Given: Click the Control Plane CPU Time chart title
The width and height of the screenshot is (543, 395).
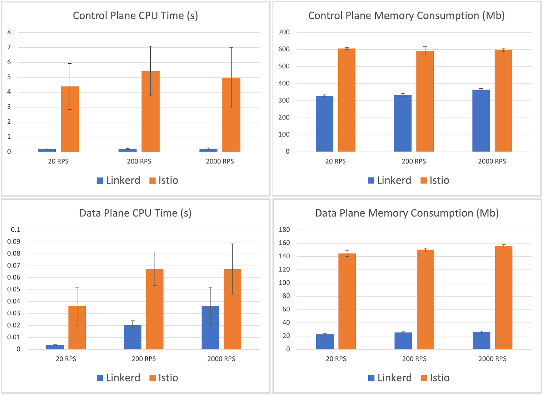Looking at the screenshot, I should click(x=135, y=16).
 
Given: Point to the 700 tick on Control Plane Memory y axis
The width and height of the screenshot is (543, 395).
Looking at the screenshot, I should click(x=284, y=32).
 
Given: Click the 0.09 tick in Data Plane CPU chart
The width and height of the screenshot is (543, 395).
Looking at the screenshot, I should click(x=14, y=242).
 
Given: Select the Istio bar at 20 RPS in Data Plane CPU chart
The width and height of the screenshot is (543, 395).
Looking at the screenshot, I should click(x=77, y=328).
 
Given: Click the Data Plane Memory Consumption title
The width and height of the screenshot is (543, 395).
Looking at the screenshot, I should click(x=407, y=213).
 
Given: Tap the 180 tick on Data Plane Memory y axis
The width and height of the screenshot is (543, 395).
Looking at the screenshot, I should click(x=284, y=230).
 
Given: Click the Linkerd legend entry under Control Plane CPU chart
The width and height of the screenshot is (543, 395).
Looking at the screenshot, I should click(x=119, y=181).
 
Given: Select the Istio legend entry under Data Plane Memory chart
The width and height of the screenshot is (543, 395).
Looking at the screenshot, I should click(x=435, y=378).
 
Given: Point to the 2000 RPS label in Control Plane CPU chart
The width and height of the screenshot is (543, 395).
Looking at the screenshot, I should click(x=220, y=162).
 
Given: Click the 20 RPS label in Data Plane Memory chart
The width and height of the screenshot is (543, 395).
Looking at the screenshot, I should click(x=336, y=359).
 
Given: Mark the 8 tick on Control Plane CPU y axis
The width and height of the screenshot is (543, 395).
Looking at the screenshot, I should click(x=9, y=32).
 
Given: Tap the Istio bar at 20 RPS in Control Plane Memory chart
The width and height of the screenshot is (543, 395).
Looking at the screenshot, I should click(x=347, y=100).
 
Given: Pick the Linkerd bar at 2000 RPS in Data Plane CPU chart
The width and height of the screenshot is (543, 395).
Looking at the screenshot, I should click(x=210, y=328).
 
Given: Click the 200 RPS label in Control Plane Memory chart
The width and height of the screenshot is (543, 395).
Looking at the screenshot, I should click(x=414, y=162).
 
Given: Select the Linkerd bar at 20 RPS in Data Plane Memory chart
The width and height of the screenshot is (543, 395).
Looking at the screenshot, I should click(x=325, y=342).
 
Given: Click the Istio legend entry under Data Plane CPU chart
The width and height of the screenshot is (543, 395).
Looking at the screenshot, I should click(x=164, y=378).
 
